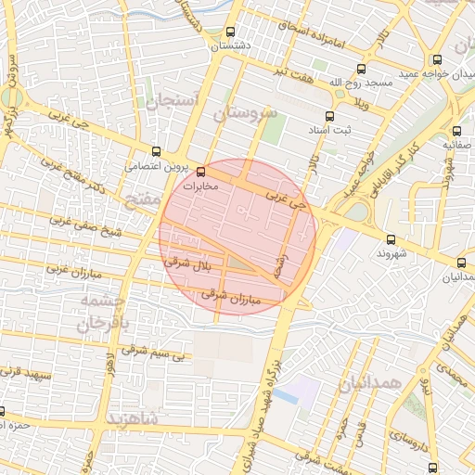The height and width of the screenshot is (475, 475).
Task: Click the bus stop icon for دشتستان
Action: pyautogui.click(x=230, y=32)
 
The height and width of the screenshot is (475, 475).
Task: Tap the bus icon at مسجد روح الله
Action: pyautogui.click(x=361, y=69)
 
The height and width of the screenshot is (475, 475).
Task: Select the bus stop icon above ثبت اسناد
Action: pyautogui.click(x=336, y=117)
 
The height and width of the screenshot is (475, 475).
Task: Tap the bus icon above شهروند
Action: pyautogui.click(x=389, y=238)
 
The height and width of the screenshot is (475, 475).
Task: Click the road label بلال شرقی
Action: pyautogui.click(x=189, y=264)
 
